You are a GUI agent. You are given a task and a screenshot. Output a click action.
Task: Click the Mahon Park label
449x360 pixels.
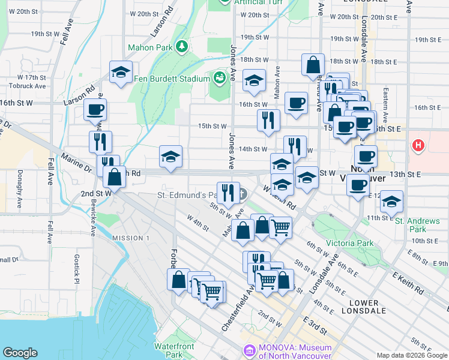tap(149, 47)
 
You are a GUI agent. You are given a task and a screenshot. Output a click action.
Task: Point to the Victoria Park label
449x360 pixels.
tap(350, 244)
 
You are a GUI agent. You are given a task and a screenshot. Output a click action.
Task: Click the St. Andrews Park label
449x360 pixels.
tap(418, 225)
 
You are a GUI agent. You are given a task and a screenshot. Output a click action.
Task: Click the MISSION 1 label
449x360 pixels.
tap(131, 238)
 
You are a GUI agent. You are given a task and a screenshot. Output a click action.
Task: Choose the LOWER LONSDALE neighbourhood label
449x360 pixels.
tap(369, 307)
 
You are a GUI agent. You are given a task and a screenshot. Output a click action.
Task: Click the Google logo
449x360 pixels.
tap(20, 353)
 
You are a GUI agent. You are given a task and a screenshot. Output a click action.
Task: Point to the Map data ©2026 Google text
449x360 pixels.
tap(412, 355)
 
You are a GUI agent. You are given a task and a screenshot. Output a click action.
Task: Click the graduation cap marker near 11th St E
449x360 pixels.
tap(391, 202)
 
